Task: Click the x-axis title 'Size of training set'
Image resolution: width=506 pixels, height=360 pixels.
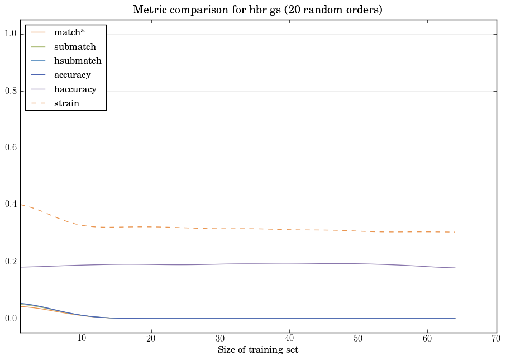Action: click(x=257, y=350)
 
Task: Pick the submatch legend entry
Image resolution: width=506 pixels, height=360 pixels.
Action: click(x=75, y=47)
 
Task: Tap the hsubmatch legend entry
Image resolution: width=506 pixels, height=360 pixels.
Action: click(x=77, y=61)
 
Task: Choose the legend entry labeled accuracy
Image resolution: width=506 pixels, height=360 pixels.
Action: click(x=72, y=75)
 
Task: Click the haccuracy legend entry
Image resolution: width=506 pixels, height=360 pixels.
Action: click(x=75, y=89)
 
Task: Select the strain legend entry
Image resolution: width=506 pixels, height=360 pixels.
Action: click(x=66, y=103)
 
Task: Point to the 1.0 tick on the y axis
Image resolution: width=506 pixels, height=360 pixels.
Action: click(x=11, y=34)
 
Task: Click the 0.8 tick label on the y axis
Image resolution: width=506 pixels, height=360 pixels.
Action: click(x=11, y=91)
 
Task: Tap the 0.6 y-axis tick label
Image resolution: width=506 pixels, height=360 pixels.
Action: click(x=11, y=148)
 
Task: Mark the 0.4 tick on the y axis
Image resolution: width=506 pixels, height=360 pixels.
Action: click(x=11, y=205)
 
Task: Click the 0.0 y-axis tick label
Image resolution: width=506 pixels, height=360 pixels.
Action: click(x=11, y=319)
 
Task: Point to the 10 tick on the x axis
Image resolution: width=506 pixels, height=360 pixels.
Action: click(x=82, y=339)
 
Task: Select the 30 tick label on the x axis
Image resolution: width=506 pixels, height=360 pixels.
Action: click(x=220, y=339)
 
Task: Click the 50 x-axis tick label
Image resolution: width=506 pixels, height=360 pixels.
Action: click(x=358, y=339)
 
